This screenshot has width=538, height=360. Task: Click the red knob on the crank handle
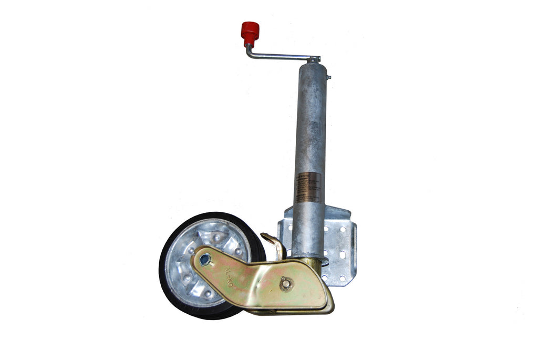(x=250, y=33)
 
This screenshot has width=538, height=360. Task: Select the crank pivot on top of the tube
(x=314, y=59)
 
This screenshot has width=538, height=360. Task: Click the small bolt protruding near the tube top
(x=328, y=77)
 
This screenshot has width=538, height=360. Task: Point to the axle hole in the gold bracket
(x=205, y=259)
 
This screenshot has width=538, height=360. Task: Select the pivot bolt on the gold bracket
(x=286, y=284)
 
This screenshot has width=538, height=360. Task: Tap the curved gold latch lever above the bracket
(x=274, y=244)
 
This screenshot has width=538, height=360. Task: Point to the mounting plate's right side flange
(x=353, y=247)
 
